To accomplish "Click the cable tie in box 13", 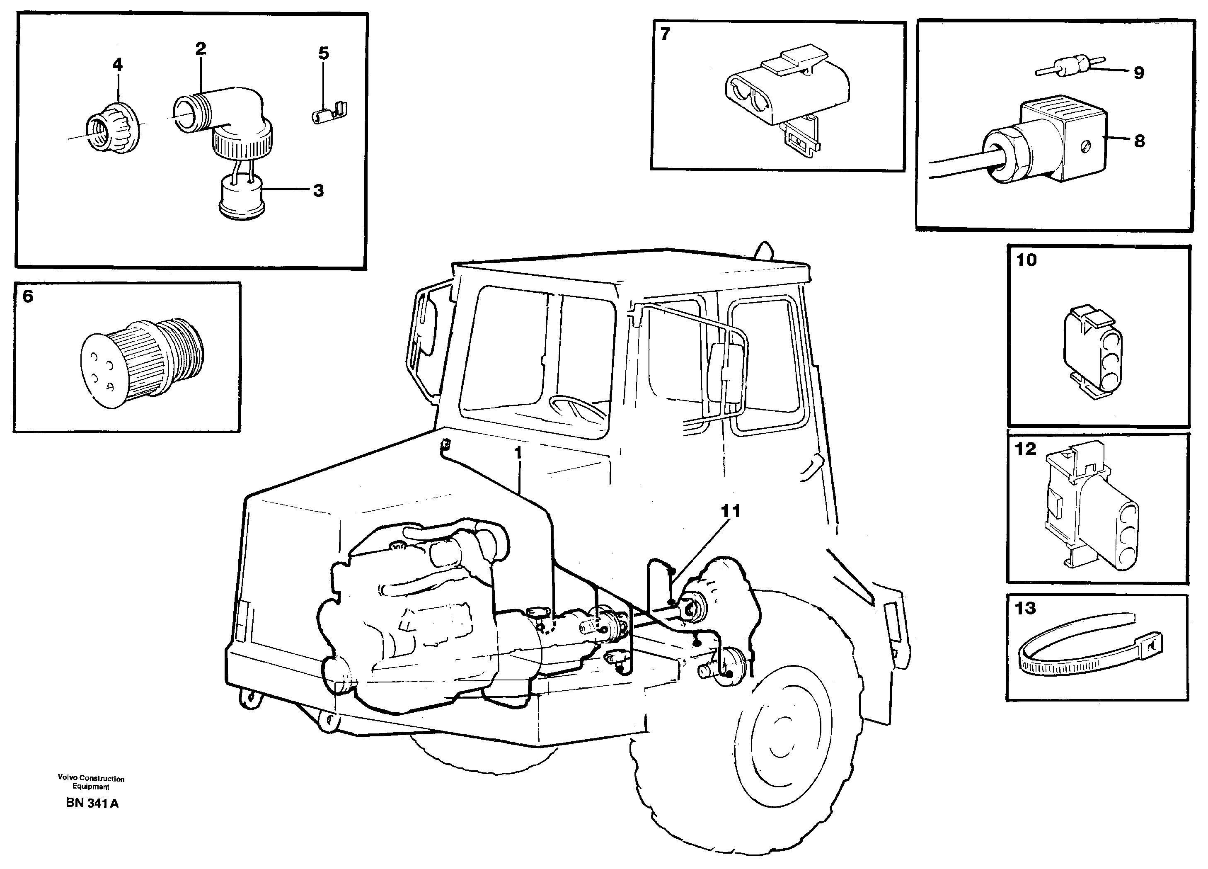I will pos(1089,653).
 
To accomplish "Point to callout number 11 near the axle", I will pos(730,511).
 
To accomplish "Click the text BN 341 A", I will pos(92,803).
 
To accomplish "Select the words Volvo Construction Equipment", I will pos(91,782).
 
